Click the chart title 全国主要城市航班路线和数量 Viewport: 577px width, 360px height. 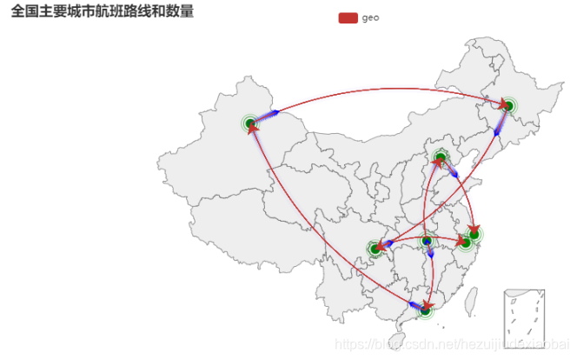click(x=103, y=11)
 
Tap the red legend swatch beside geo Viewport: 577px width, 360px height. click(x=348, y=17)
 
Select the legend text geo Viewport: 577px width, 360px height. click(x=370, y=17)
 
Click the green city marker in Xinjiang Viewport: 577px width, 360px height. click(x=250, y=123)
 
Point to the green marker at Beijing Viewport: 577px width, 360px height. click(x=441, y=157)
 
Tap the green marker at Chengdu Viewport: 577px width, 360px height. click(x=375, y=249)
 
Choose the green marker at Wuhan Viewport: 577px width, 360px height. click(x=426, y=241)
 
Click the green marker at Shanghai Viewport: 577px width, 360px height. click(x=474, y=234)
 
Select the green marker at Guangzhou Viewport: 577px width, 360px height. click(x=426, y=309)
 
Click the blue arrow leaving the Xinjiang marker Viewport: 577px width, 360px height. click(x=270, y=113)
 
